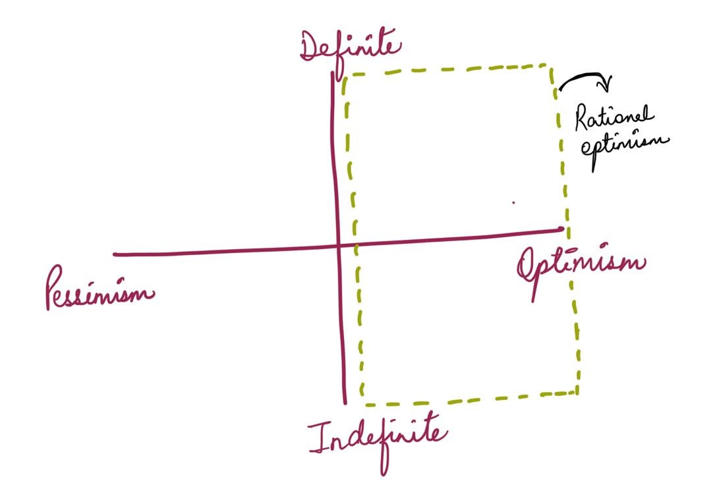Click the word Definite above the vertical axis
click(x=350, y=47)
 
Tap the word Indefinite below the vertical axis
click(x=378, y=439)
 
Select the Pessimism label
click(x=99, y=290)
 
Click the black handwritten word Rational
click(x=614, y=121)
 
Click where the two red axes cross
click(x=338, y=246)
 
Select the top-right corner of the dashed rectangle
click(x=552, y=65)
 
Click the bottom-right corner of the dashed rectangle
click(x=577, y=393)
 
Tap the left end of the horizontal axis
click(x=115, y=254)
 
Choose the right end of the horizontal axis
click(x=562, y=229)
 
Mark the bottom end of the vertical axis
click(x=345, y=403)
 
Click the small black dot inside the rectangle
click(x=513, y=203)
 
